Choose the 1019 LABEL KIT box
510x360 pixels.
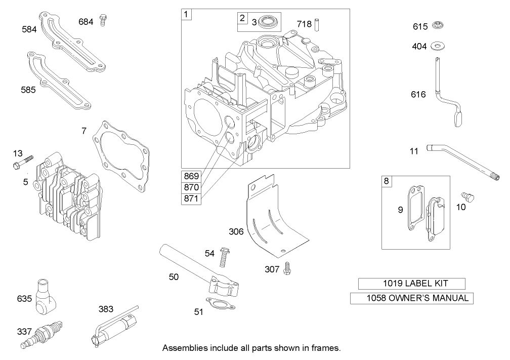(411, 284)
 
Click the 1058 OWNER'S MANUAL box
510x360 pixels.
(412, 298)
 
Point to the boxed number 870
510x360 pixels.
(191, 187)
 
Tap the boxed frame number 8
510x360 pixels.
(387, 181)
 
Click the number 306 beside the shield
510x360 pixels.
(236, 232)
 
